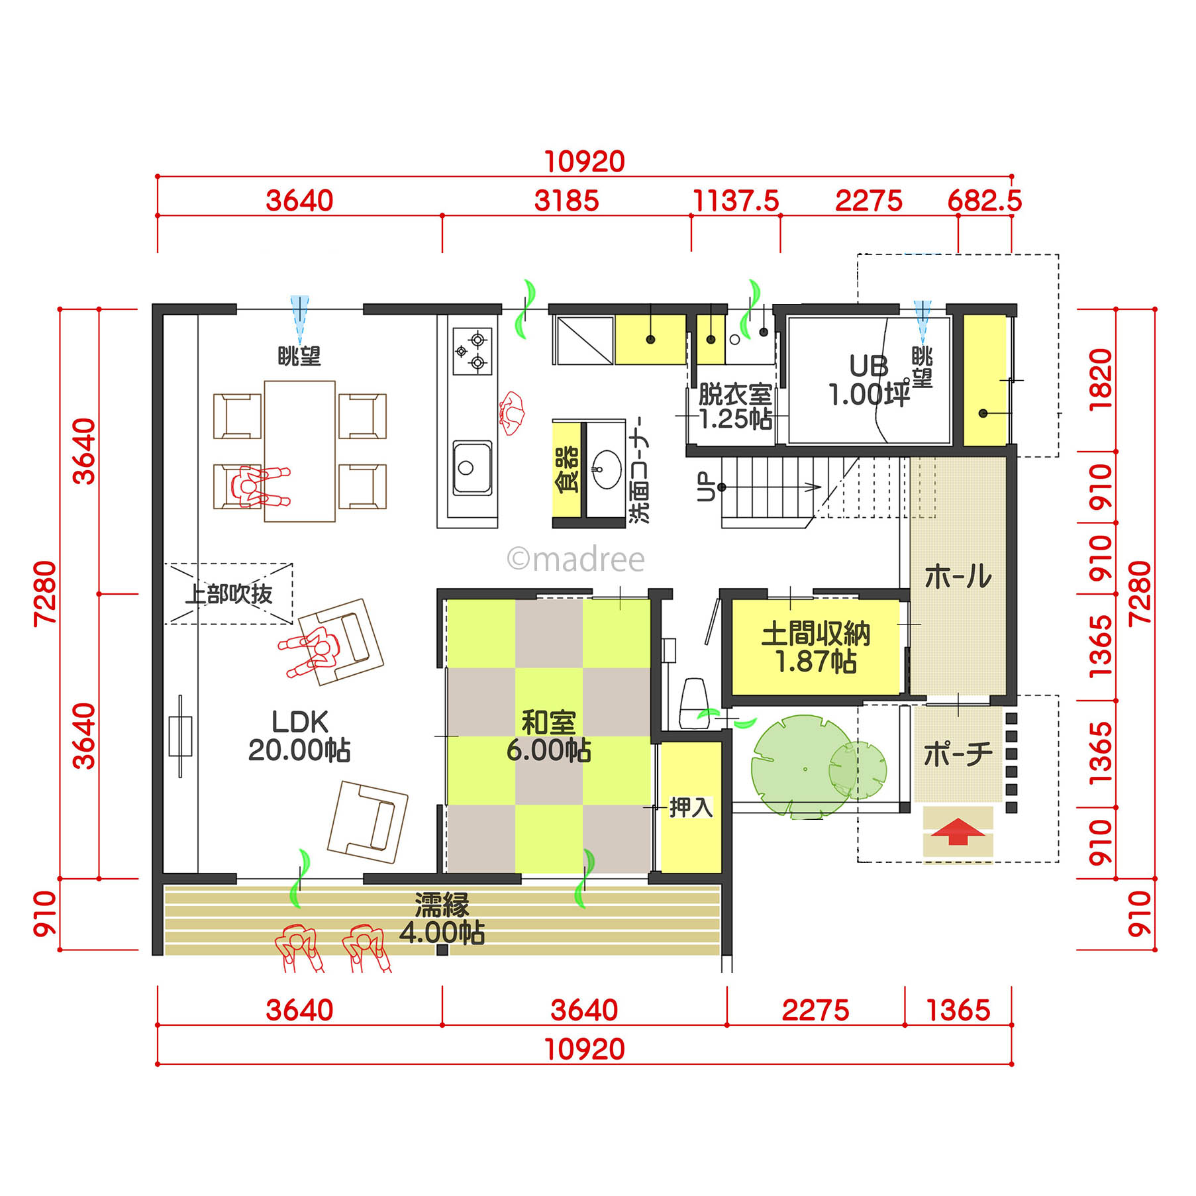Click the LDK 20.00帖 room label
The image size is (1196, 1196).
(x=299, y=736)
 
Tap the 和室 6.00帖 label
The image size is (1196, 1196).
(x=548, y=736)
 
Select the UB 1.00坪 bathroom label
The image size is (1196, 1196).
(x=869, y=380)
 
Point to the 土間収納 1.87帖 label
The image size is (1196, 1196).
(x=816, y=647)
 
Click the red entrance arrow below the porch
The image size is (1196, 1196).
(x=958, y=831)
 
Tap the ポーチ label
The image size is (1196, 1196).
(x=958, y=754)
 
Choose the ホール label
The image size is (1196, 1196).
(x=958, y=576)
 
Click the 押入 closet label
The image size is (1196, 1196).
(x=691, y=807)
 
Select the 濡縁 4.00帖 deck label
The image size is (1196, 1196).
(x=442, y=919)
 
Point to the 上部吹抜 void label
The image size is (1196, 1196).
(x=228, y=594)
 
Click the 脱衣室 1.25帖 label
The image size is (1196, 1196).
(x=735, y=407)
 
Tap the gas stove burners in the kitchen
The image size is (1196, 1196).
(x=472, y=351)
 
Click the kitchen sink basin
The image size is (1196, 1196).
(x=472, y=468)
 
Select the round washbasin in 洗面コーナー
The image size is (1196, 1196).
(x=606, y=469)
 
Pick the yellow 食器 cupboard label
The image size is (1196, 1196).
(x=567, y=470)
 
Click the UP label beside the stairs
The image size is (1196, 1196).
(x=706, y=487)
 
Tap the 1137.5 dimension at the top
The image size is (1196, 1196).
(x=736, y=201)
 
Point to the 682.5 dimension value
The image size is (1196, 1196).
(x=985, y=201)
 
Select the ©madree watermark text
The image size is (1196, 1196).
(x=575, y=559)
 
